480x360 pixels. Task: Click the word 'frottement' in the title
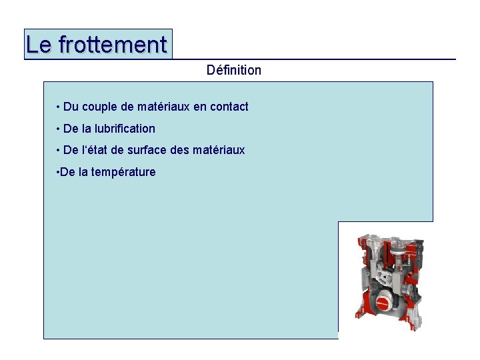coord(113,45)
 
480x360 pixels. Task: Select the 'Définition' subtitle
coord(234,70)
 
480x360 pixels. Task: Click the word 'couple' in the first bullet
coord(100,107)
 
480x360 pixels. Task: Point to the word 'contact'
coord(229,107)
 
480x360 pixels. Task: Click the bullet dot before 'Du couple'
coord(59,107)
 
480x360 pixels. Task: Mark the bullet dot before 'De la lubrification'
coord(59,129)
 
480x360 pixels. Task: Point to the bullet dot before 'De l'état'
coord(59,151)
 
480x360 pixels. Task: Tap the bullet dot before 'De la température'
coord(56,172)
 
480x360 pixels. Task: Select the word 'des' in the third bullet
coord(180,151)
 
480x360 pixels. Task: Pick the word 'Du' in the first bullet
coord(71,107)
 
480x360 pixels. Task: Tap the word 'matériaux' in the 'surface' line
coord(219,151)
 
